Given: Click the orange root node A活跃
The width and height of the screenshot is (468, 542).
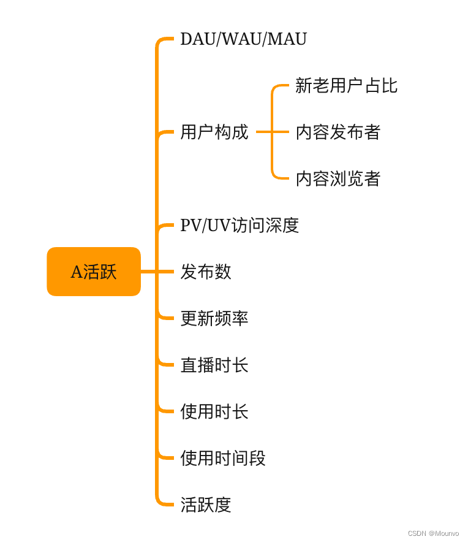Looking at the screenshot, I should tap(94, 272).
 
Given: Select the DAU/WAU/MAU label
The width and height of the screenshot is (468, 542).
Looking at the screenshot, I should tap(243, 39).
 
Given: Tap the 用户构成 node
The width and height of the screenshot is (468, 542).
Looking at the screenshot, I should tap(214, 132).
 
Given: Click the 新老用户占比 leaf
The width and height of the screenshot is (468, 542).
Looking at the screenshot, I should tap(346, 85).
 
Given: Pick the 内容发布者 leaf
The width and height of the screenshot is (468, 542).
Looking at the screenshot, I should tap(338, 132).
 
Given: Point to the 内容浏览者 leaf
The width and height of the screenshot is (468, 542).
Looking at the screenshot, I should tap(338, 178).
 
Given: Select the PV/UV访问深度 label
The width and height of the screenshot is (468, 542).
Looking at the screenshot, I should tap(239, 225).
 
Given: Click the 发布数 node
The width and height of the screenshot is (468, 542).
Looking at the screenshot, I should tap(205, 272).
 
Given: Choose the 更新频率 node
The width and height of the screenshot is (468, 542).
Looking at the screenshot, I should tap(214, 318).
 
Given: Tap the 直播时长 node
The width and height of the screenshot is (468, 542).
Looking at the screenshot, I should tap(214, 365).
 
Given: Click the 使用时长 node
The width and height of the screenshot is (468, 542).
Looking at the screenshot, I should tap(214, 411).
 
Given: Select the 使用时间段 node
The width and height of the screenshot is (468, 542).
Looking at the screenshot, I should tap(222, 458).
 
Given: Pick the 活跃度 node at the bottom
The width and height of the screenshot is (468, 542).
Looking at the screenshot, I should tap(205, 505).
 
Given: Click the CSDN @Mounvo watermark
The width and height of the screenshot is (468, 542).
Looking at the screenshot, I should tap(433, 533).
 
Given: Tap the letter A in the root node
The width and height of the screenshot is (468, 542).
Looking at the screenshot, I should tap(77, 272).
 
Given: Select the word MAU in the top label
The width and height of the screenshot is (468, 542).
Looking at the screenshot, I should tap(287, 39).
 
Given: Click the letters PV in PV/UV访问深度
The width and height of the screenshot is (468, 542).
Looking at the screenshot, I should tap(189, 225).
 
